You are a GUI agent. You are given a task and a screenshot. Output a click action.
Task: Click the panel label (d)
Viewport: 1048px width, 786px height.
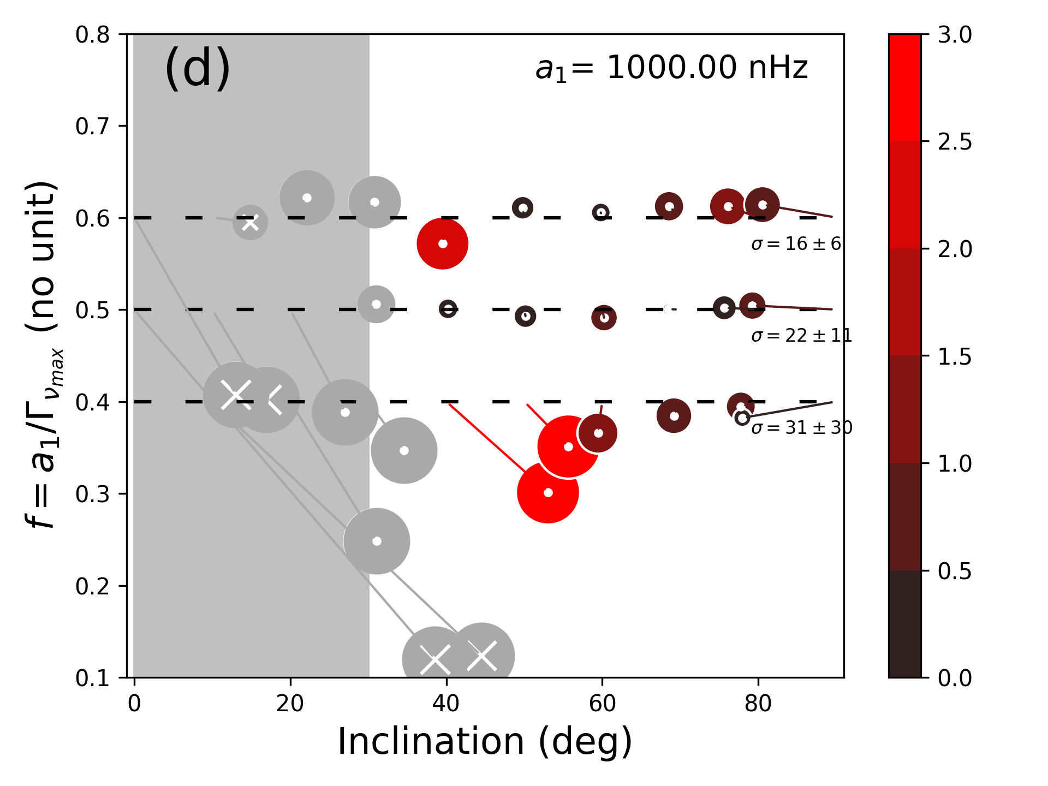tap(198, 68)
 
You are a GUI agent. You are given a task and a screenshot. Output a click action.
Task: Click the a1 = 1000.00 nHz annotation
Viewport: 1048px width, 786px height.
tap(671, 68)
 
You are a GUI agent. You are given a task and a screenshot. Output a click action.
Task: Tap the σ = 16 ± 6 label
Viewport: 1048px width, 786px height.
tap(796, 243)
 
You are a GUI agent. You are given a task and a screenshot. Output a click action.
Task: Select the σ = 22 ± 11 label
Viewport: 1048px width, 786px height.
tap(801, 335)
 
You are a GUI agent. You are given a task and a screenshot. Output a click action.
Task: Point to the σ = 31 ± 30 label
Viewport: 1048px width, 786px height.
tap(801, 427)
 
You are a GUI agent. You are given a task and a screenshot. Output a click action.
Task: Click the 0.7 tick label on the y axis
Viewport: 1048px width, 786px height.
tap(93, 126)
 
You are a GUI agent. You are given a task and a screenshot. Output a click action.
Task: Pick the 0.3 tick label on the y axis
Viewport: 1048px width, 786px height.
tap(93, 494)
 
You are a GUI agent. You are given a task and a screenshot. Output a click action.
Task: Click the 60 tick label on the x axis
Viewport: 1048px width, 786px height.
tap(602, 704)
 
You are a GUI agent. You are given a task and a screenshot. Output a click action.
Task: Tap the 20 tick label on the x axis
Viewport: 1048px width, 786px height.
tap(290, 704)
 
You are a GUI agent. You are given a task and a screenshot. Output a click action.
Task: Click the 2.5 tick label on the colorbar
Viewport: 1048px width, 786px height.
tap(955, 142)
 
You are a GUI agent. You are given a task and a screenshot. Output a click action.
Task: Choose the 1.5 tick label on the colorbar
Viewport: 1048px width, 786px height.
tap(955, 356)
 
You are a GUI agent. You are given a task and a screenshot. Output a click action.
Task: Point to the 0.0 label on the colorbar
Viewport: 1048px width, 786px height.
tap(955, 678)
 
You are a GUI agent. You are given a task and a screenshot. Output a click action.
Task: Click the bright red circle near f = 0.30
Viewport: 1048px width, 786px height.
tap(548, 492)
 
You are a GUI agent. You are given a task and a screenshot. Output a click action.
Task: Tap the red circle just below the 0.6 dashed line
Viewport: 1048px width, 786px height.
tap(443, 243)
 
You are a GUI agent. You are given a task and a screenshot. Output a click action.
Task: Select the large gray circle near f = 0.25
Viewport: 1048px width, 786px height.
tap(377, 541)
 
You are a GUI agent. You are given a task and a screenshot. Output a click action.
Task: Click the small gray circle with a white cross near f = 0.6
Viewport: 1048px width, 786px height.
tap(250, 222)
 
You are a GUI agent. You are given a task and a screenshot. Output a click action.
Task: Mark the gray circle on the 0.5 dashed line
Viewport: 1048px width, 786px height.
tap(376, 304)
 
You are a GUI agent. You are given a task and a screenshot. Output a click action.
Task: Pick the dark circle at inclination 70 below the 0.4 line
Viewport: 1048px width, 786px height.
tap(674, 416)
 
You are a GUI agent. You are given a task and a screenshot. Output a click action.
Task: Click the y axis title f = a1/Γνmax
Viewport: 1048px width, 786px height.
tap(44, 355)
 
